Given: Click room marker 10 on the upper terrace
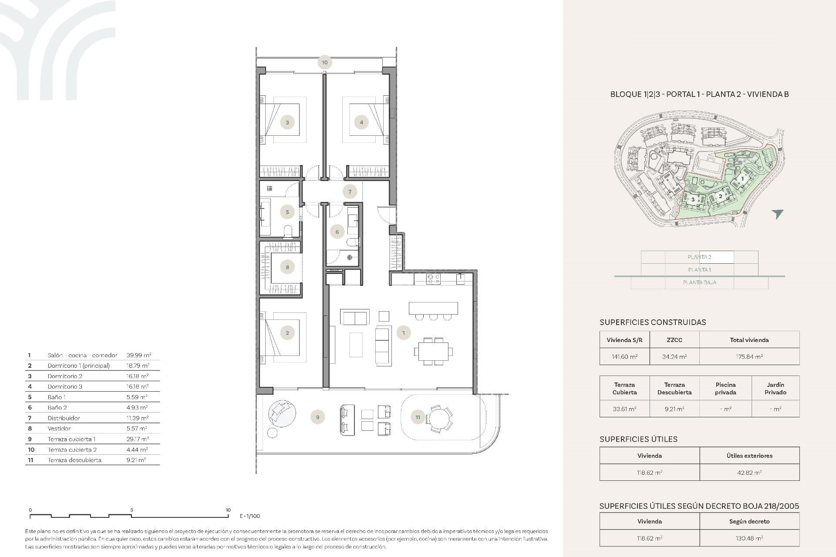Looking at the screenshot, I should coord(324,62).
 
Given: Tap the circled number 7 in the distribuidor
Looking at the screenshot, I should coord(350,191).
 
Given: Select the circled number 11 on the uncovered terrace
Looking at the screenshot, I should coord(418,417).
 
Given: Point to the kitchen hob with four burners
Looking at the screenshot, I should coord(433,279).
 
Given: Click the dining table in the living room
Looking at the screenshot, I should coord(433,351).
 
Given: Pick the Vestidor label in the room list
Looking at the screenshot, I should coord(59,428).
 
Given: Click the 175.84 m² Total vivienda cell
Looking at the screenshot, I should coord(749,356).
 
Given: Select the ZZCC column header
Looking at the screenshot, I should coord(674,340).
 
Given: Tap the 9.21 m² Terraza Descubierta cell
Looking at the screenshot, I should coord(674,409).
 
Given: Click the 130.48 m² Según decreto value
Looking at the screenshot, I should coord(749,538).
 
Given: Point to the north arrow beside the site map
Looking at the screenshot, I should coord(777,214).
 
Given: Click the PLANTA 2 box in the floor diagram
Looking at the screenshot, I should coord(699,257).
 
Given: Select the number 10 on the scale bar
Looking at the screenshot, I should coord(228,510).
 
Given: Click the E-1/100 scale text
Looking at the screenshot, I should coord(249,516).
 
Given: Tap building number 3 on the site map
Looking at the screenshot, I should coord(693,200).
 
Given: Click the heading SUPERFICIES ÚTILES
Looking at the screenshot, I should coord(638,439).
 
